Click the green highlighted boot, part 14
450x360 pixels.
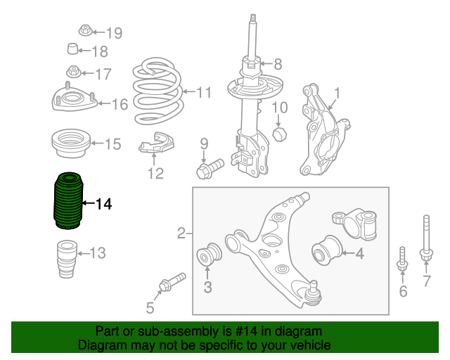68,201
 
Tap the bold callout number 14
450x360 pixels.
103,204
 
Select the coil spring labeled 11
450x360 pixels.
157,91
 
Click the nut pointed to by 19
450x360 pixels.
85,30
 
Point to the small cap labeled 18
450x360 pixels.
72,49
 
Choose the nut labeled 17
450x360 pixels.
74,72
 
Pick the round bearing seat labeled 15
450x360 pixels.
70,143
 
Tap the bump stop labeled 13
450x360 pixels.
67,259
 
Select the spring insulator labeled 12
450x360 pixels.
156,143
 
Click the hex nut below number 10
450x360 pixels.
280,134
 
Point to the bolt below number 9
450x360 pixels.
210,169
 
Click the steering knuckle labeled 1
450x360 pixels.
324,131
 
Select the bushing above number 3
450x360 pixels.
209,254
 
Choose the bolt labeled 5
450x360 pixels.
172,282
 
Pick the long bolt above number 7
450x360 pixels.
426,238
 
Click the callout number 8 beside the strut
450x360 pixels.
278,64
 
